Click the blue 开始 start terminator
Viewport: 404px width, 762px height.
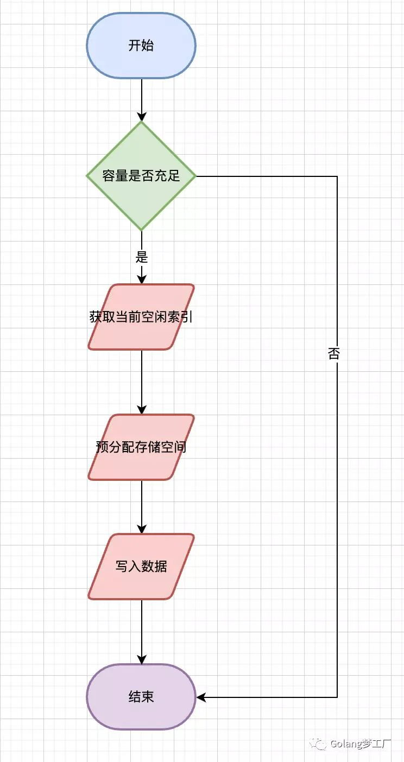(x=141, y=46)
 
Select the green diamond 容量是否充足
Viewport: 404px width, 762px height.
(x=141, y=176)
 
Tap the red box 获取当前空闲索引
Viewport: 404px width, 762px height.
(x=141, y=317)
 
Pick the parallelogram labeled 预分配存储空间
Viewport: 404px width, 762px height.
(x=141, y=447)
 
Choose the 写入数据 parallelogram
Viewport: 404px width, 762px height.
(x=141, y=567)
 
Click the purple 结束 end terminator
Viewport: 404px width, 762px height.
(x=141, y=697)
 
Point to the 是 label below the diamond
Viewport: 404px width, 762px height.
(x=142, y=257)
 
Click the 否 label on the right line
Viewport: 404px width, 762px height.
(x=334, y=354)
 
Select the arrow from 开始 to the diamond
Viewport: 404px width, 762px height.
(x=142, y=98)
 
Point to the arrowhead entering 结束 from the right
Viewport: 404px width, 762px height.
(x=201, y=697)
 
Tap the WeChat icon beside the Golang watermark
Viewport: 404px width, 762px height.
(x=318, y=744)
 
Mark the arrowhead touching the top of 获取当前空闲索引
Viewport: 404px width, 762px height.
(x=142, y=279)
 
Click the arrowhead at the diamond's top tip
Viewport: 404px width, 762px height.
(x=142, y=116)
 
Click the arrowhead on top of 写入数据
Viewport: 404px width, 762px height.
(x=142, y=529)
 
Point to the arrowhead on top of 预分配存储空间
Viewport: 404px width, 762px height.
(x=142, y=410)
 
